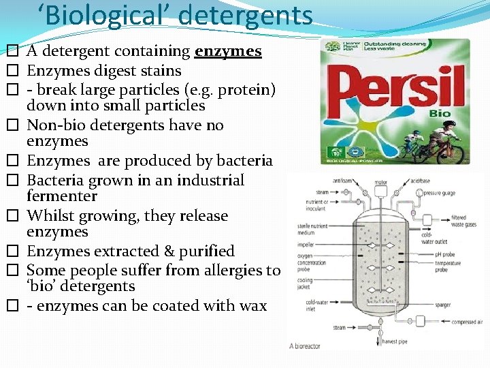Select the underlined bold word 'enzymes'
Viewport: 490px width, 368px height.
[228, 51]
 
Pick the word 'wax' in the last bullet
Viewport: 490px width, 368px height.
[253, 305]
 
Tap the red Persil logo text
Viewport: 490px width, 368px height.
[393, 88]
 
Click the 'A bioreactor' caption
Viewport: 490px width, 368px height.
[306, 346]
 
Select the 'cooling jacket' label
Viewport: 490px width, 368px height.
[304, 283]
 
